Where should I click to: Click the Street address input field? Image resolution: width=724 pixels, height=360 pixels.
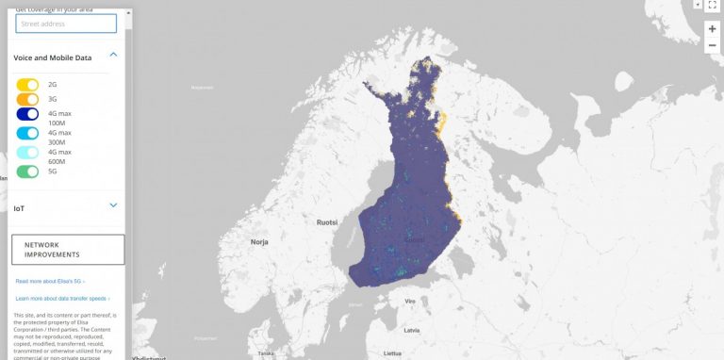(x=66, y=24)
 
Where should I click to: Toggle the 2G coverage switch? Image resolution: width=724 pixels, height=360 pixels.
(x=27, y=85)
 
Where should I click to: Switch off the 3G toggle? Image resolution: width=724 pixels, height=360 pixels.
(x=27, y=99)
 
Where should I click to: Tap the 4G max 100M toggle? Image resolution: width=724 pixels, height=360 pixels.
(x=27, y=114)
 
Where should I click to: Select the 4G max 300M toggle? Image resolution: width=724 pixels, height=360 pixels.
(x=27, y=133)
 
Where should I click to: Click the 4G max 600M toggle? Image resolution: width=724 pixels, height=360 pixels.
(x=27, y=153)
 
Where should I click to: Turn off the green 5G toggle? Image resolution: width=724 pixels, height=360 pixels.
(x=27, y=172)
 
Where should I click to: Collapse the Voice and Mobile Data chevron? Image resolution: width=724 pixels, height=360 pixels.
(x=113, y=56)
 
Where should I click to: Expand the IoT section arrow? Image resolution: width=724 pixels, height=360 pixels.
(x=113, y=205)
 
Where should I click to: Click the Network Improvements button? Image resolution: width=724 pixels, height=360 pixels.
(x=68, y=250)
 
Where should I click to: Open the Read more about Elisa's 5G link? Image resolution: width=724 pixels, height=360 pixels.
(x=50, y=281)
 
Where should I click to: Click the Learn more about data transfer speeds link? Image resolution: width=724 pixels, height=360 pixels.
(x=62, y=298)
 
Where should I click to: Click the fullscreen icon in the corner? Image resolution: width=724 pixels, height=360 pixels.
(x=712, y=6)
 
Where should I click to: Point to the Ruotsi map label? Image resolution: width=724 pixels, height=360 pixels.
(x=327, y=222)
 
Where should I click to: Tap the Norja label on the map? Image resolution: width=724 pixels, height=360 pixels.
(x=259, y=242)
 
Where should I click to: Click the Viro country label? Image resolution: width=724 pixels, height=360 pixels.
(x=410, y=301)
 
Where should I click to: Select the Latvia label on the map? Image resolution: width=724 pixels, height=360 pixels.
(x=411, y=331)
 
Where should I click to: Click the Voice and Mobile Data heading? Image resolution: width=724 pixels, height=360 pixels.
(x=53, y=57)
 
